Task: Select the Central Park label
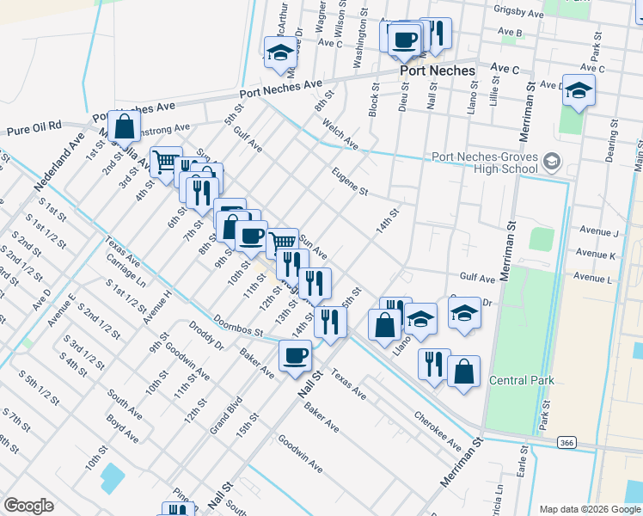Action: [x=522, y=380]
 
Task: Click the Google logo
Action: [x=28, y=506]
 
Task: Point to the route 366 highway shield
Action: [x=566, y=442]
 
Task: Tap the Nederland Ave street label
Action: [x=61, y=162]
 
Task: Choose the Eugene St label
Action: [x=351, y=181]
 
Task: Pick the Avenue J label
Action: [x=598, y=232]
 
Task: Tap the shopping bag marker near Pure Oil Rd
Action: [x=125, y=126]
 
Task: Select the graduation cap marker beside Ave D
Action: [x=579, y=89]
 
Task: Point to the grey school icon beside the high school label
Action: [x=552, y=161]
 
